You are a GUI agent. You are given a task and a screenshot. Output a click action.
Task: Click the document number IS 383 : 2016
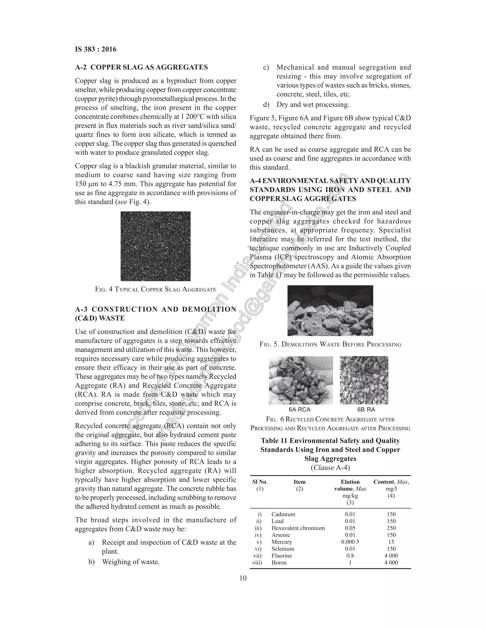[x=96, y=49]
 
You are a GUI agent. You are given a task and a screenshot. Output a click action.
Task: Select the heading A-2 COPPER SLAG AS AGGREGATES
[x=141, y=67]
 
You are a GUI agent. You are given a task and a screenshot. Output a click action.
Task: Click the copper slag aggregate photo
[x=155, y=246]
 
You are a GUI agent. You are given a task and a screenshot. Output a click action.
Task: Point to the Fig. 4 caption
[x=155, y=289]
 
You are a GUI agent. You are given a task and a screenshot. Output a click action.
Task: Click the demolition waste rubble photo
[x=330, y=310]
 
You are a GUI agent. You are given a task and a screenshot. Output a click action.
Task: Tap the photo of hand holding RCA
[x=301, y=380]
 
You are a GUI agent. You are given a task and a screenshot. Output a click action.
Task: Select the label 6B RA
[x=366, y=409]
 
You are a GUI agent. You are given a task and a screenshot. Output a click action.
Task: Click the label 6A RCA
[x=299, y=409]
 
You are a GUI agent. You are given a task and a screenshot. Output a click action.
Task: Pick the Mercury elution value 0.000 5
[x=350, y=542]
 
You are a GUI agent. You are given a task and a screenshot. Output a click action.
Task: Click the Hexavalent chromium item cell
[x=298, y=528]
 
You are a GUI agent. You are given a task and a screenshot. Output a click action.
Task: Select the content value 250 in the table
[x=391, y=528]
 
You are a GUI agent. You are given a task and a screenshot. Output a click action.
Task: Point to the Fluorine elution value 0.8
[x=350, y=556]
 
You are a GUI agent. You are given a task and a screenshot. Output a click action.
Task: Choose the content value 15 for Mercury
[x=391, y=542]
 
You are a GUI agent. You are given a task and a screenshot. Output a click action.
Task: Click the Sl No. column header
[x=260, y=482]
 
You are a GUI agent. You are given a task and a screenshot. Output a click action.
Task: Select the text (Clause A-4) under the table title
[x=330, y=467]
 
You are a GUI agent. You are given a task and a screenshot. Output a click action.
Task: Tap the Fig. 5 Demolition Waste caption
[x=330, y=344]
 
